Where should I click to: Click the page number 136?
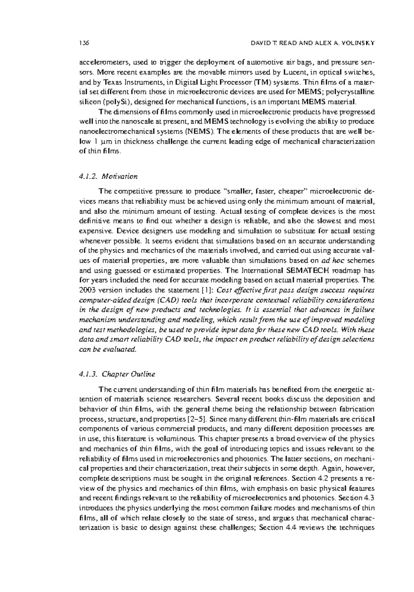pos(84,43)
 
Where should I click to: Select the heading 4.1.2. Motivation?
pos(108,176)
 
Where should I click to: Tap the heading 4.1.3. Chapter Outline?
pos(117,374)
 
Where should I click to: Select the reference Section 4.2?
pos(306,479)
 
